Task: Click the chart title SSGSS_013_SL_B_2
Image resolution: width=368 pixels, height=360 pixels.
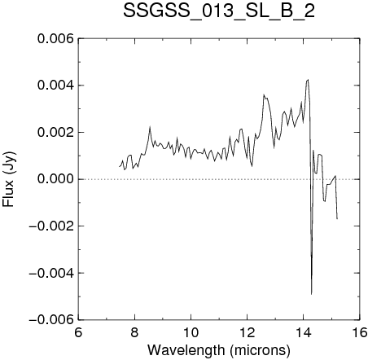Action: point(219,11)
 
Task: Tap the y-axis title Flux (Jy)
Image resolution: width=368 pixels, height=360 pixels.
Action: point(9,179)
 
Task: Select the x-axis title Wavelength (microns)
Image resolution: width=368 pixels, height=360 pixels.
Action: point(219,350)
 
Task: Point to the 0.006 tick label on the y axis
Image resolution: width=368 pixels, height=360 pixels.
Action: point(55,39)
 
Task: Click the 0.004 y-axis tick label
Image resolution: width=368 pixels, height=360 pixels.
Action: point(55,86)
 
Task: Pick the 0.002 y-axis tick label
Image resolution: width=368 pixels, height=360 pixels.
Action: point(55,133)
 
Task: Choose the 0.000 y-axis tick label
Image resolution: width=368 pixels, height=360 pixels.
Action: point(55,179)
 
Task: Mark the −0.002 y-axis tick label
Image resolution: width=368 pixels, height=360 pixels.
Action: point(51,226)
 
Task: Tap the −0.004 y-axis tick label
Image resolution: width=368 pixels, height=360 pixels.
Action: point(51,273)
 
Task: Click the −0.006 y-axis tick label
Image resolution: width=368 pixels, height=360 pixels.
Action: point(51,319)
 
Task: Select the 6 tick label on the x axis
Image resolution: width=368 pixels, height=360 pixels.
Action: point(78,332)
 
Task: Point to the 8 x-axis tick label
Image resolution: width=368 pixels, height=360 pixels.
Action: point(134,332)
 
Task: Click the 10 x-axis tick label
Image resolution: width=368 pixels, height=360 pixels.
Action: point(191,332)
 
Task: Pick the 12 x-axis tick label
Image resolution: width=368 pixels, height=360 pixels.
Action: point(248,332)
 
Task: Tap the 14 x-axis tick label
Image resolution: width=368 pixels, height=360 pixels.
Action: point(304,332)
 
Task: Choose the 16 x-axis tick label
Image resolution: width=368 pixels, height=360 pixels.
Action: point(360,332)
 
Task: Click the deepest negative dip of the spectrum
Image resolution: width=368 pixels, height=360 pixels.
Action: point(311,294)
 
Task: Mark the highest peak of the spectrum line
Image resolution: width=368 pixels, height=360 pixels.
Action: point(308,80)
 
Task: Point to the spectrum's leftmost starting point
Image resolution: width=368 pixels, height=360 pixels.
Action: point(119,166)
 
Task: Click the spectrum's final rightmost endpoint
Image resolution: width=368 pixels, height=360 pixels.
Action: point(337,219)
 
